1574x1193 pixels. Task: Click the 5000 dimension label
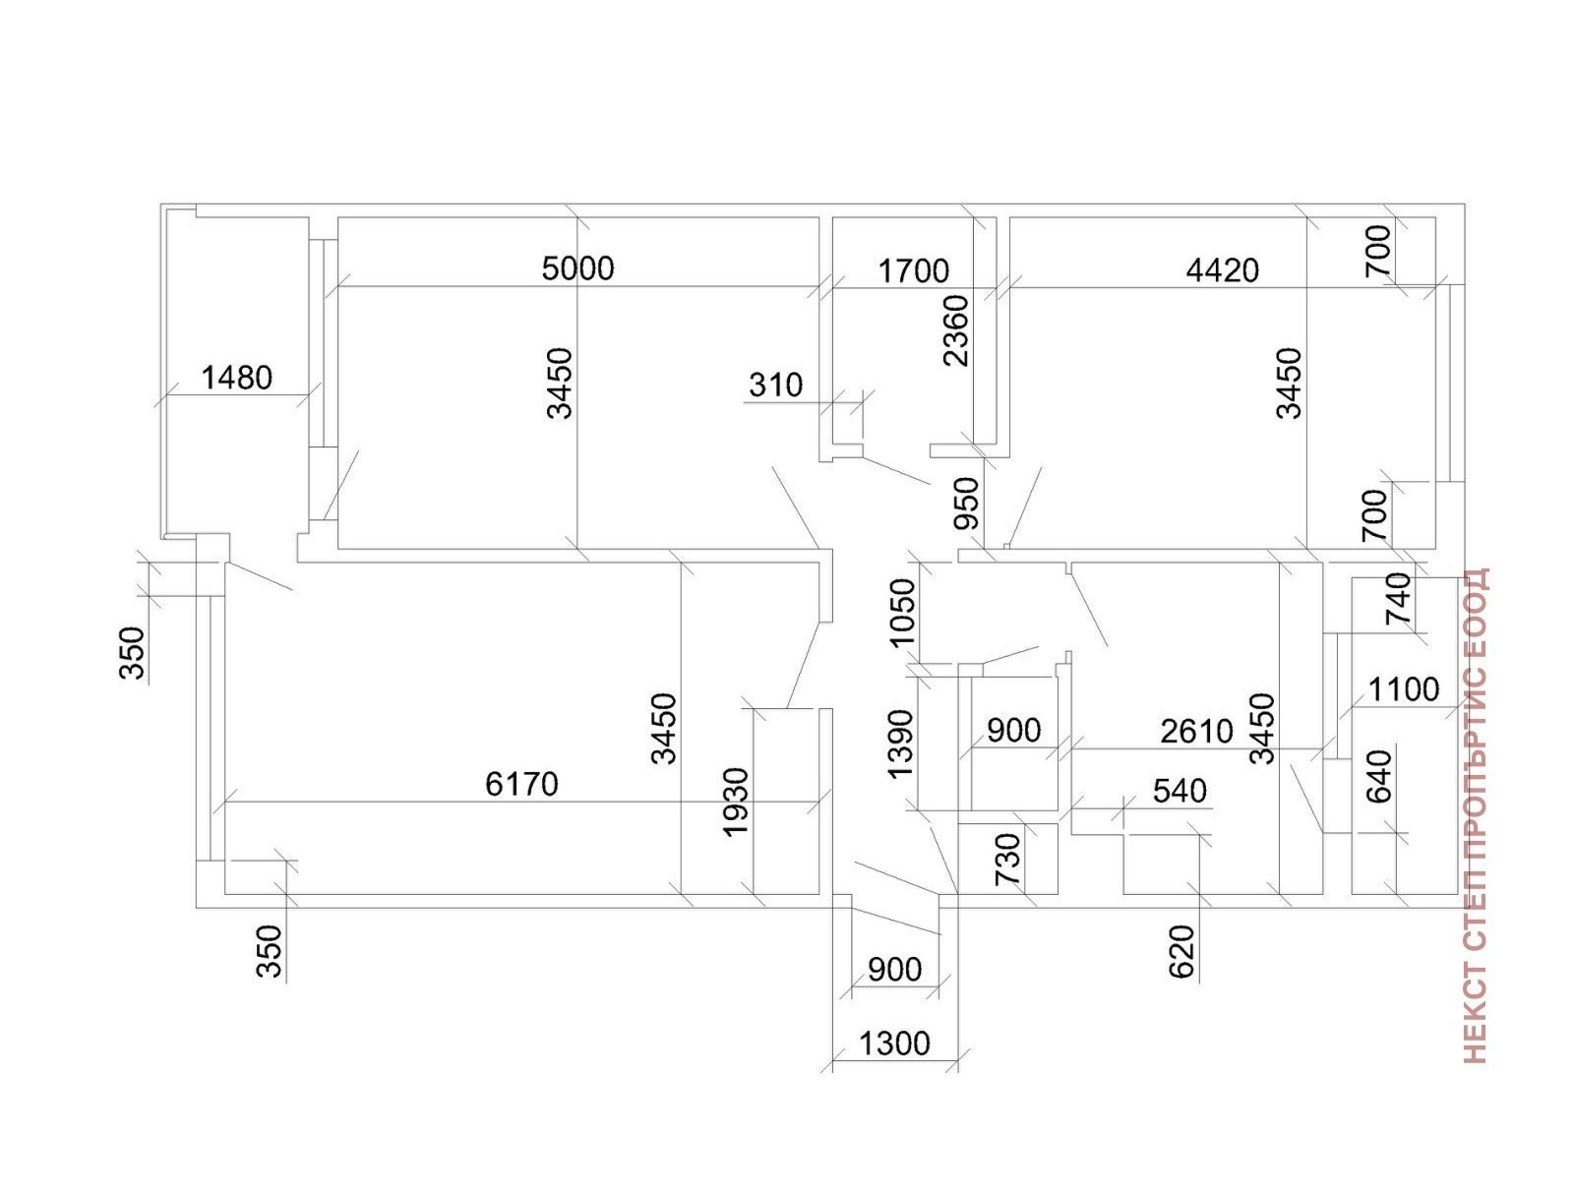[577, 268]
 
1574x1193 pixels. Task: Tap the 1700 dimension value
[913, 270]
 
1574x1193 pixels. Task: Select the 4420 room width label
[1222, 270]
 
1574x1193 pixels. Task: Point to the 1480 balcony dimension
[236, 378]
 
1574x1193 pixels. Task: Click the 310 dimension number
[775, 385]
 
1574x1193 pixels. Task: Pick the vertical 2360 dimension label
[955, 330]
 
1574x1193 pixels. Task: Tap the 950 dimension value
[968, 504]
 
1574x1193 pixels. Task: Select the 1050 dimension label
[902, 611]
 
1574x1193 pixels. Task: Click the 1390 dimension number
[900, 743]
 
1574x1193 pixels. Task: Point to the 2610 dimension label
[1196, 731]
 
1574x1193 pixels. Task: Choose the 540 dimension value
[1179, 791]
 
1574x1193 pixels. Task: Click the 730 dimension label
[1009, 859]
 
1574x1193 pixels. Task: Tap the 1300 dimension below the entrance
[894, 1043]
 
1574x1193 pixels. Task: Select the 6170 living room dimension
[521, 784]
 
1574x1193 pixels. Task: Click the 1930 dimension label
[736, 802]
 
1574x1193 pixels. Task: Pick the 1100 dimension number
[1403, 689]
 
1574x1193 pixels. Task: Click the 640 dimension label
[1380, 776]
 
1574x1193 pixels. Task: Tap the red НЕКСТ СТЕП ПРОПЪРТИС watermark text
[1476, 815]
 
